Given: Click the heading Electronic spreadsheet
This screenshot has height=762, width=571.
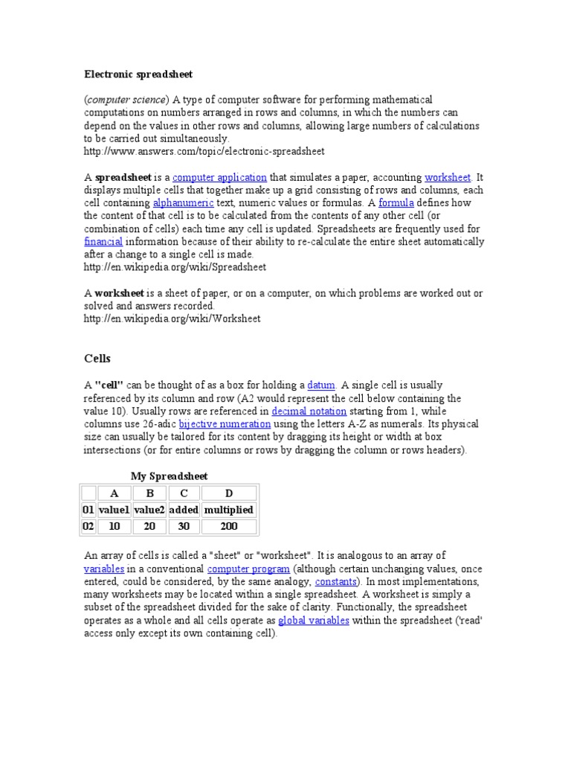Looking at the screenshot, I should (138, 74).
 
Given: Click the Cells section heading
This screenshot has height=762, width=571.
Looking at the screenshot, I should (97, 359).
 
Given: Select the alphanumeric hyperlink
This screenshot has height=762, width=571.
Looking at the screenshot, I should (183, 202).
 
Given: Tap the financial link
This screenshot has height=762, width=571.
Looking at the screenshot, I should (103, 242).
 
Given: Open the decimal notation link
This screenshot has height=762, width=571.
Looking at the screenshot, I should (309, 411).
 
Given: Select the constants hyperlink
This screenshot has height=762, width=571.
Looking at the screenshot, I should (337, 581).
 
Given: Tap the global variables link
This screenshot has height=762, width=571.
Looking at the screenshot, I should (313, 621).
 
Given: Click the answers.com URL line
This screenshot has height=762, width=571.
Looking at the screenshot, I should (204, 152).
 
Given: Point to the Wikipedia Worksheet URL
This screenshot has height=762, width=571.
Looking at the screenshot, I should (172, 319).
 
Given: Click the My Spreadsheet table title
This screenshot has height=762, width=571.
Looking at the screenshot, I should (170, 476).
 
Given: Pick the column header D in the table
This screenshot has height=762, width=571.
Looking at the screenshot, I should (228, 493).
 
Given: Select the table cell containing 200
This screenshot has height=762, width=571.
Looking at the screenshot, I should (228, 527).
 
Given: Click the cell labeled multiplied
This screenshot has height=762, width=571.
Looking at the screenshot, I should (228, 510).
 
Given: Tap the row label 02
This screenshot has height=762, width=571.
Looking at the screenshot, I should (88, 527).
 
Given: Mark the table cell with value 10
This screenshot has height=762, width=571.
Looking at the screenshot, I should (114, 527).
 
